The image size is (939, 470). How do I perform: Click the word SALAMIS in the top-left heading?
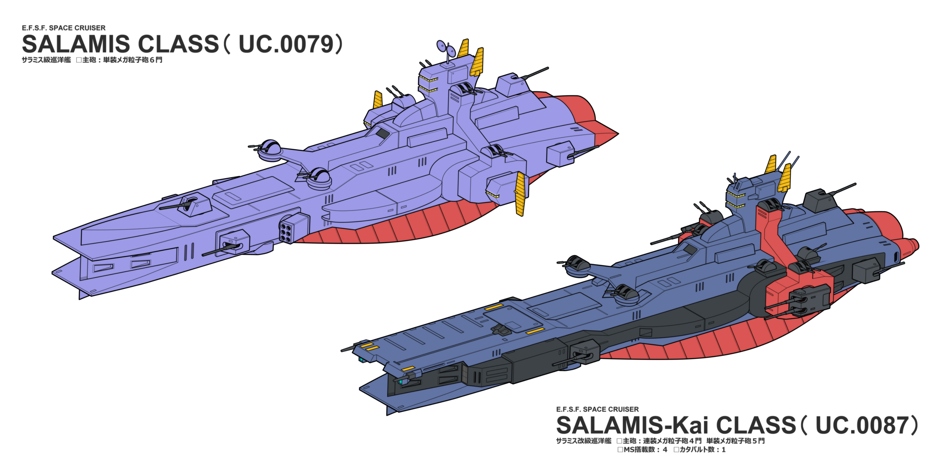coord(76,44)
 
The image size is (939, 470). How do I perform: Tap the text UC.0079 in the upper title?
coord(286,44)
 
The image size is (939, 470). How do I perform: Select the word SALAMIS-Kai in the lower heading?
coord(632,425)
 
